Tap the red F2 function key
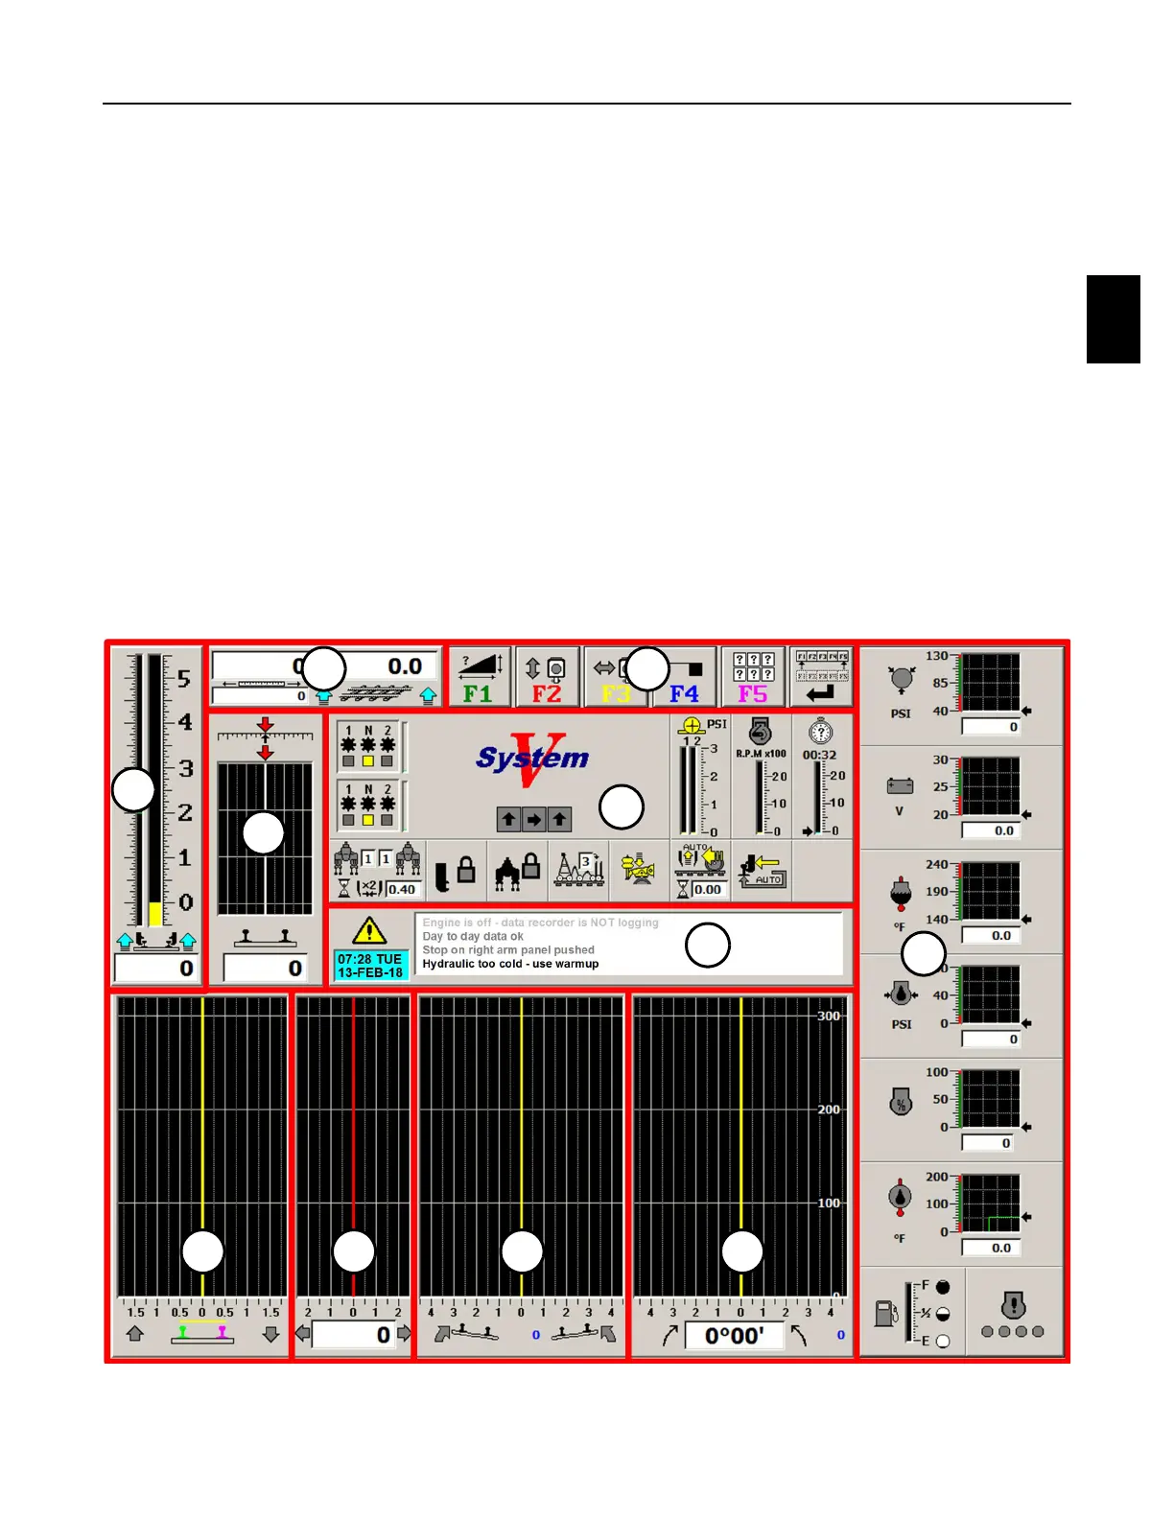coord(547,678)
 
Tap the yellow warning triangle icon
coord(369,930)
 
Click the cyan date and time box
coord(370,966)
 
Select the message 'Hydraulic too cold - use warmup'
coord(510,964)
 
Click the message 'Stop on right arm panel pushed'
coord(508,949)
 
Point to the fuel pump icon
coord(885,1313)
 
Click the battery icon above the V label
coord(900,786)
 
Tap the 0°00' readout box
coord(735,1336)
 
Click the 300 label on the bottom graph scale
coord(829,1017)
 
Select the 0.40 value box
coord(402,889)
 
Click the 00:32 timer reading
coord(819,756)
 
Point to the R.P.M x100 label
coord(762,754)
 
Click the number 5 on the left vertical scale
coord(184,679)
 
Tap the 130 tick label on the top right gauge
coord(937,656)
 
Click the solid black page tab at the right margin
coord(1113,319)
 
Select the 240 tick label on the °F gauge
coord(937,864)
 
